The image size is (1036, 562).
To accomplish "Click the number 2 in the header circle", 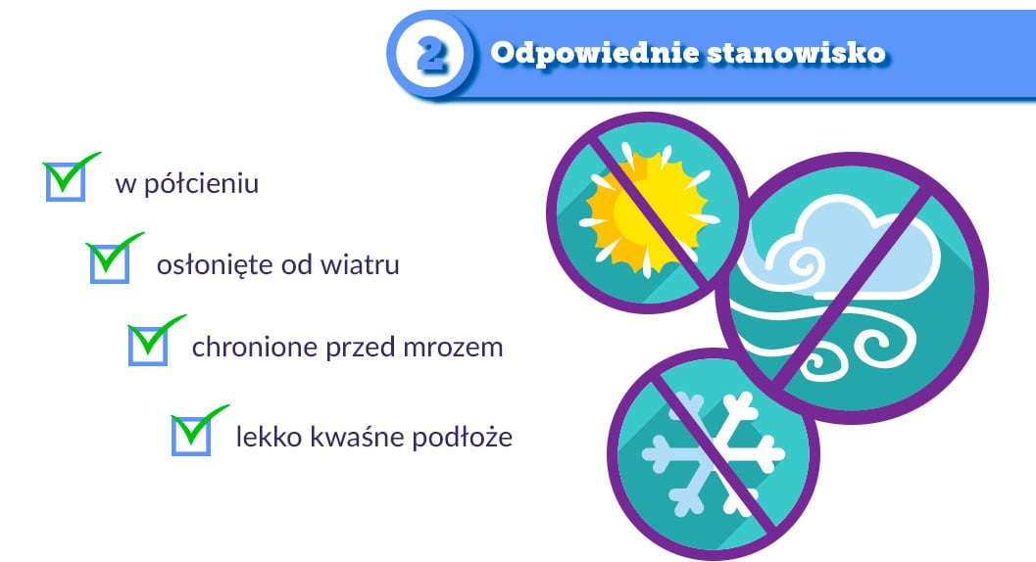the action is click(432, 54).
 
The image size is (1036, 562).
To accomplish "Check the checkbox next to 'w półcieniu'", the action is click(66, 181).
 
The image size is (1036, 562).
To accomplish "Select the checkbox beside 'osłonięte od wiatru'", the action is click(109, 262).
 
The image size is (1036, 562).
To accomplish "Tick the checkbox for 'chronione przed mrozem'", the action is click(148, 346).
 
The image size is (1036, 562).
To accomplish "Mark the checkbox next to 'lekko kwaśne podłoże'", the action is click(191, 435).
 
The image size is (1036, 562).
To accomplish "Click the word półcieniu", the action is click(201, 184).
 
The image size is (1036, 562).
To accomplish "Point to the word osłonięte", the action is click(214, 265).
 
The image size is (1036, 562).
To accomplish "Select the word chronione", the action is click(255, 347).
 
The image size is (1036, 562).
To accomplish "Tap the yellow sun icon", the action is click(649, 211).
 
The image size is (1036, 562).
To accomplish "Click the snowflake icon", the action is click(714, 454).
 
